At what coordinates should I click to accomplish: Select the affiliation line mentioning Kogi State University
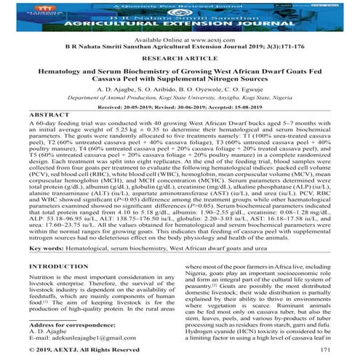(180, 115)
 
